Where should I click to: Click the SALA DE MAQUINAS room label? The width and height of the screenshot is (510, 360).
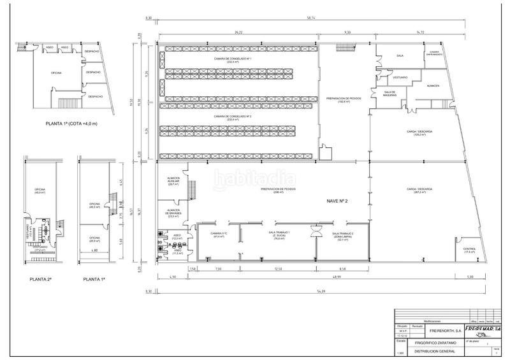point(390,94)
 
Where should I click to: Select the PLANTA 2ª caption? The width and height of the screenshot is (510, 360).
point(40,279)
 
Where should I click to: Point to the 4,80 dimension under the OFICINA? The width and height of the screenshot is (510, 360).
point(95,250)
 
